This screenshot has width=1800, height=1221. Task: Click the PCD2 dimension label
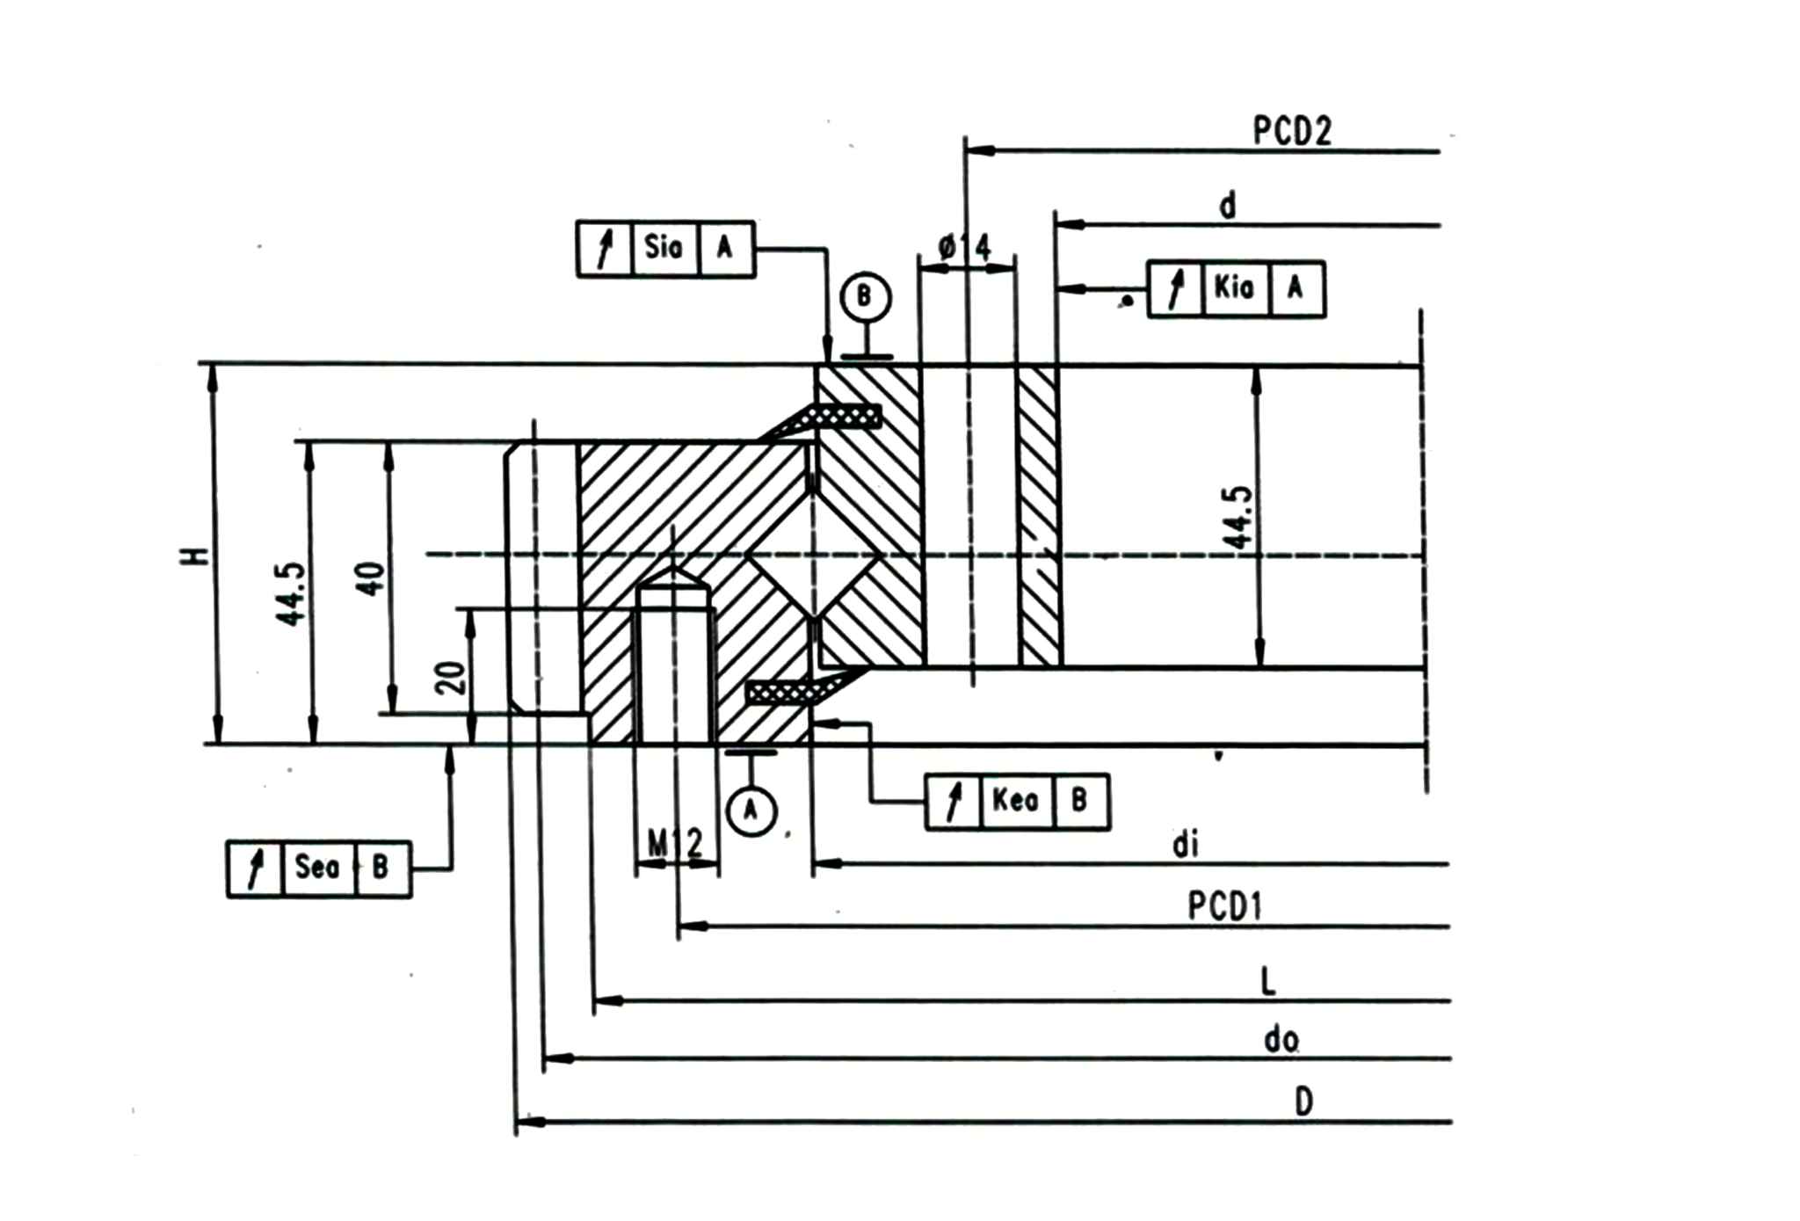coord(1292,131)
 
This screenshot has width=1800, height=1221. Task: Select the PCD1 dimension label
coord(1225,906)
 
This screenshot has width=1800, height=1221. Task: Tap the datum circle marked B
coord(865,298)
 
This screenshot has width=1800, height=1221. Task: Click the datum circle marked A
coord(751,810)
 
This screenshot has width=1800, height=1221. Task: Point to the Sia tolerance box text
coord(664,247)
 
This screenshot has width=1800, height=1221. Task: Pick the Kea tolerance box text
coord(1016,800)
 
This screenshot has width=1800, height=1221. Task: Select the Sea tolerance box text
coord(317,868)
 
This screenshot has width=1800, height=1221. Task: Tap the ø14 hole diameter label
coord(964,247)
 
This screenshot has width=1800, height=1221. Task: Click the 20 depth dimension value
coord(452,677)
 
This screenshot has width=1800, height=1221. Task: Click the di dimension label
coord(1185,846)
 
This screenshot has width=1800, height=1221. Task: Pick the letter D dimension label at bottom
coord(1304,1101)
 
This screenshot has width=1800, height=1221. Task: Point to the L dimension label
coord(1267,982)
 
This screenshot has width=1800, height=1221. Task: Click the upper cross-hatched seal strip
coord(846,417)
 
